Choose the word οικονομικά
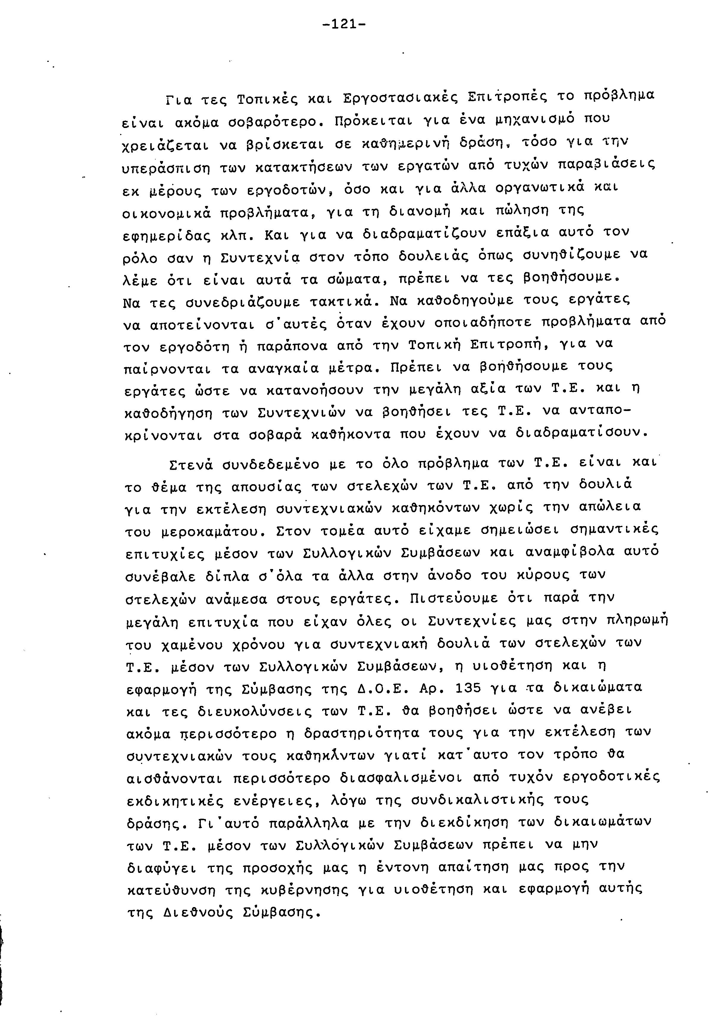click(x=168, y=213)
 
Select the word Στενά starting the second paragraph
click(x=191, y=465)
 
